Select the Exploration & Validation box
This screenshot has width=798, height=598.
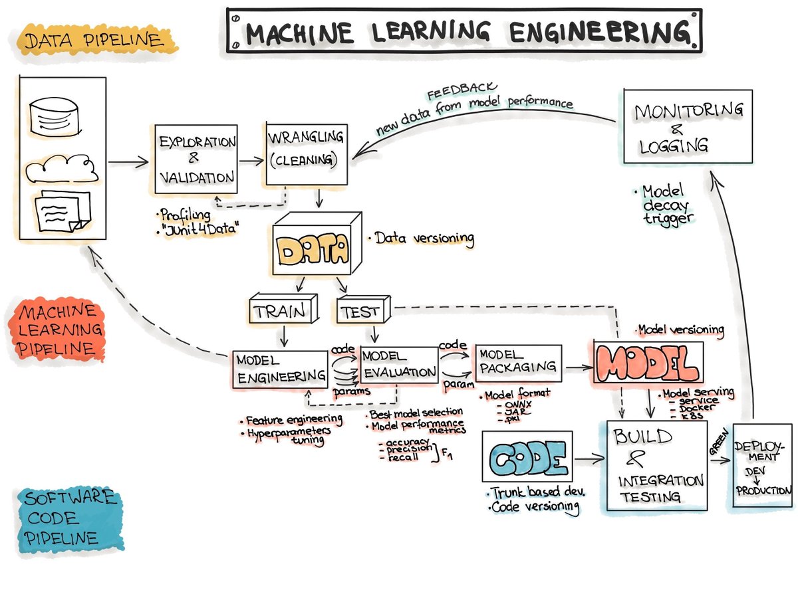(x=196, y=159)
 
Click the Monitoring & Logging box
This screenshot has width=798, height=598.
(x=688, y=126)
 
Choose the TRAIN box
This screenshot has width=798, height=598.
(x=283, y=310)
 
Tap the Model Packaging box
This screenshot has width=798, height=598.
(x=518, y=363)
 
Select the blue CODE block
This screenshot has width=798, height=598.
(x=525, y=457)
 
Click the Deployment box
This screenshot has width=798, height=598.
(x=763, y=465)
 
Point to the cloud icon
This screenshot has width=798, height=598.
(x=62, y=167)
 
